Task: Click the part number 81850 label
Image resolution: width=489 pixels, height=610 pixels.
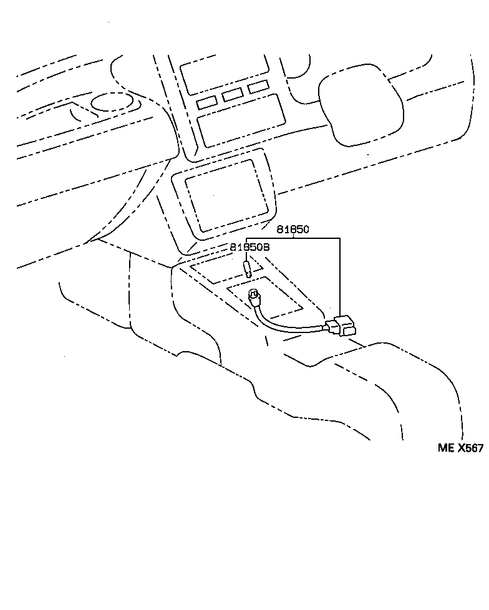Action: (293, 230)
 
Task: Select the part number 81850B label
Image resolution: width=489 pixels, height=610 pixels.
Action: (249, 247)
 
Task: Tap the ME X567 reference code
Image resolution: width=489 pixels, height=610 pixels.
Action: (460, 448)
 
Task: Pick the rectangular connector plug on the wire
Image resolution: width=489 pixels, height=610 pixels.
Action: (342, 326)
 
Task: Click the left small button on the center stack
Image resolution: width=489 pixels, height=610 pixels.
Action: (206, 103)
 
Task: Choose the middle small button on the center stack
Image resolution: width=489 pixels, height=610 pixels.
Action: (232, 95)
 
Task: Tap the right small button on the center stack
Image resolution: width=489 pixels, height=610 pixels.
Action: (258, 87)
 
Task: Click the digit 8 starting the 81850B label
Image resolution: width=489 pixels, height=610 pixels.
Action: (232, 247)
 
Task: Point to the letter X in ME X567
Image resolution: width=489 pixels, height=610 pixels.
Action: (462, 448)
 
